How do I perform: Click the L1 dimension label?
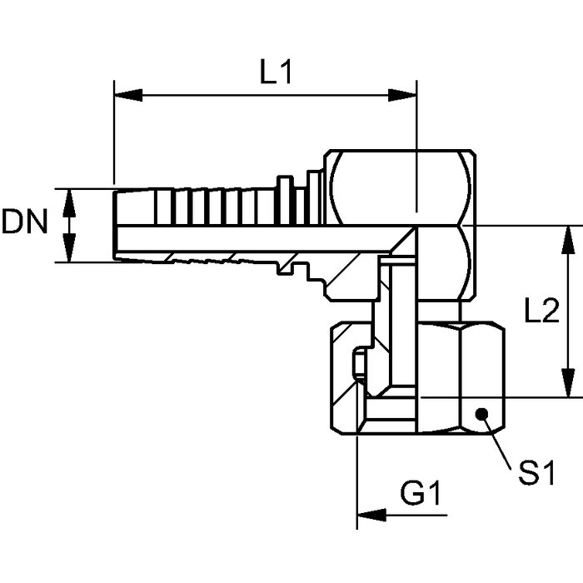click(276, 72)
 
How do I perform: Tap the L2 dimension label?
click(541, 311)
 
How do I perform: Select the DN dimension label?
click(25, 222)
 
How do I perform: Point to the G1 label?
click(420, 493)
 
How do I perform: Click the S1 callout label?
click(536, 472)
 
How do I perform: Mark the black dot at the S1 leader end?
click(482, 414)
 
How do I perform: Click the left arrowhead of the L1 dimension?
click(128, 95)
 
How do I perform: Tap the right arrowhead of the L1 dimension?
click(402, 95)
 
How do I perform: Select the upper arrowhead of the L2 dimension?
click(567, 240)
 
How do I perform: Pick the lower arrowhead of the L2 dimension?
click(567, 383)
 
